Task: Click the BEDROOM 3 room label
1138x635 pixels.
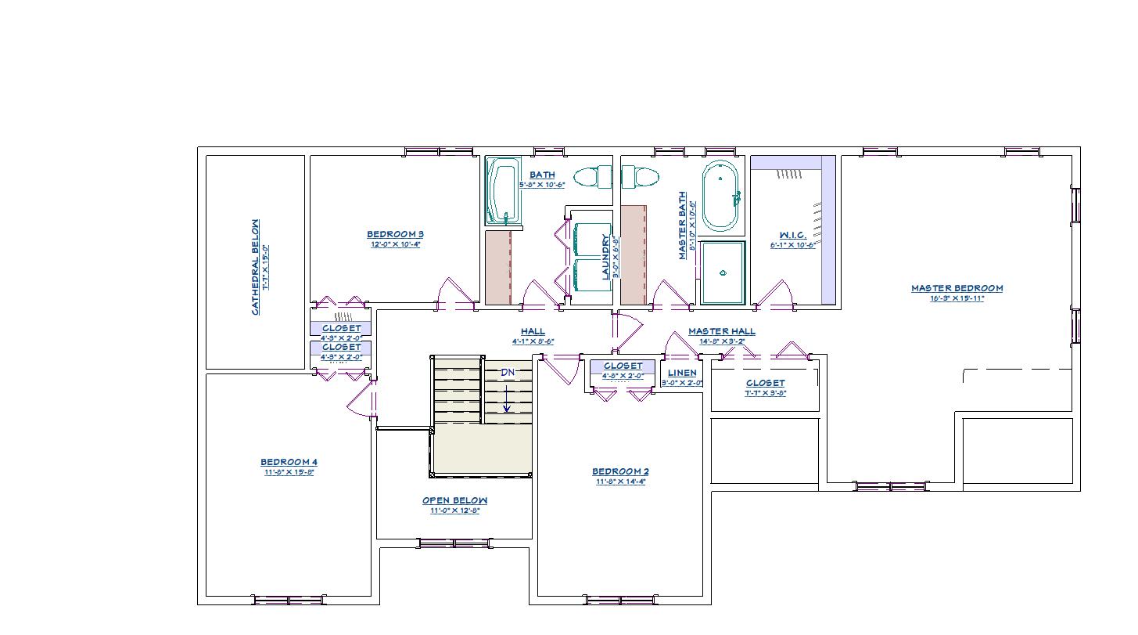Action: coord(395,234)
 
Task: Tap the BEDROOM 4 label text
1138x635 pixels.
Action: coord(289,462)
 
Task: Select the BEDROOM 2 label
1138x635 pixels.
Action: coord(620,471)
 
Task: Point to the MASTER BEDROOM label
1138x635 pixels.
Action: coord(957,288)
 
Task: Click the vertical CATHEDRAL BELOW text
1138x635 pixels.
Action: coord(255,267)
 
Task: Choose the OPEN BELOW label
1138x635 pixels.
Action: coord(454,500)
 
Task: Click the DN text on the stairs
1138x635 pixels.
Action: coord(508,373)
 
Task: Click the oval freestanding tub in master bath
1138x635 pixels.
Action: coord(720,196)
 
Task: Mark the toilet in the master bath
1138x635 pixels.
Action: coord(641,177)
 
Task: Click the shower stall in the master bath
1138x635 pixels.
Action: coord(722,272)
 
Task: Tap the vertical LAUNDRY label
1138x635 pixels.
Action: coord(605,257)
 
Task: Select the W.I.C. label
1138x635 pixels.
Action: coord(792,235)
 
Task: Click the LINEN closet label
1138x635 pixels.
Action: coord(682,373)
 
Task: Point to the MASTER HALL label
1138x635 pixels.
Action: coord(721,331)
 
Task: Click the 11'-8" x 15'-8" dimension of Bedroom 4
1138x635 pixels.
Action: coord(289,472)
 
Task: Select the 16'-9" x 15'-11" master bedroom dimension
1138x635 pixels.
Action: coord(957,298)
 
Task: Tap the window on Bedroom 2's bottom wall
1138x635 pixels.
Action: coord(620,601)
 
